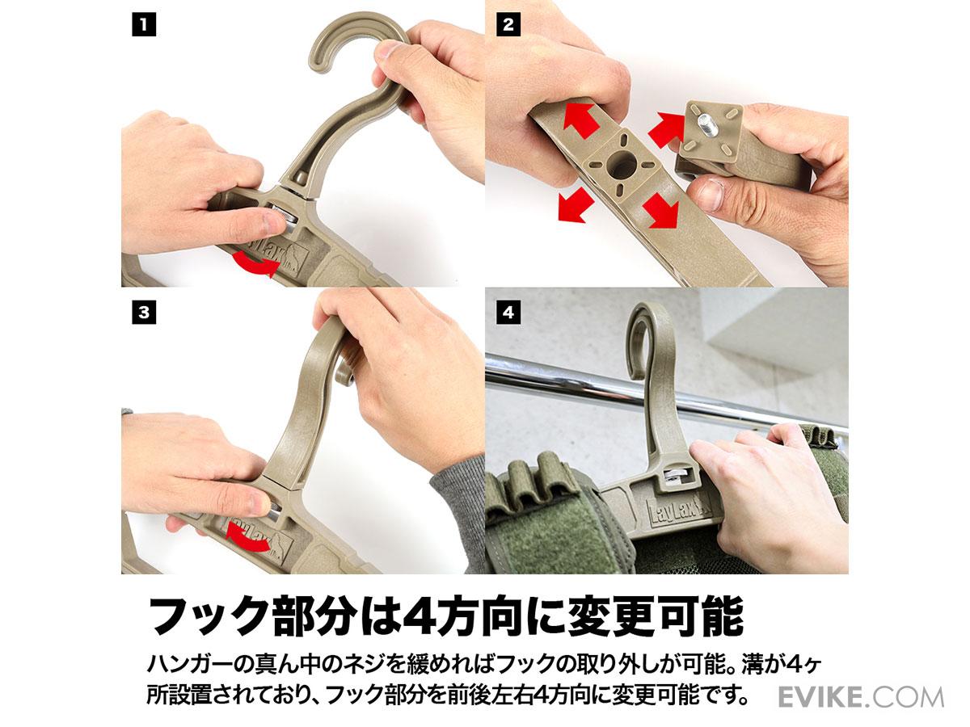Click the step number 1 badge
(x=144, y=25)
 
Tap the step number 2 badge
(x=508, y=25)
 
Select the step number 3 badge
(x=144, y=313)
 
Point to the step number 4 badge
(x=508, y=313)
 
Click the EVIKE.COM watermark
(x=860, y=697)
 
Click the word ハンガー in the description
(x=192, y=663)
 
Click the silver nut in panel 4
(x=675, y=474)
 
